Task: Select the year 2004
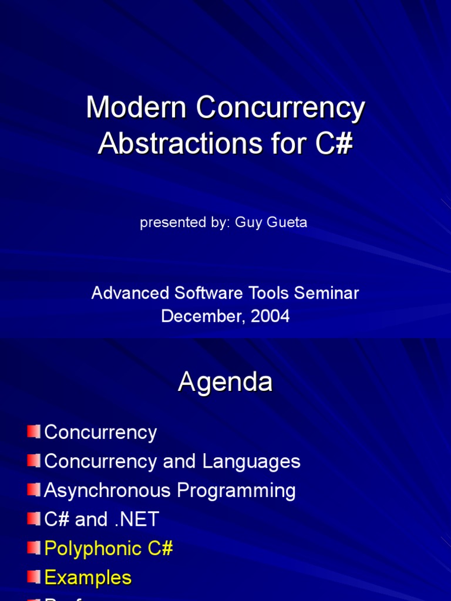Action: click(270, 316)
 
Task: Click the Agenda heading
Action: click(225, 382)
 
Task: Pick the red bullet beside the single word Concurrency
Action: click(33, 432)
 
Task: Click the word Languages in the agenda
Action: click(251, 461)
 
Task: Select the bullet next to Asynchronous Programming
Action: click(33, 489)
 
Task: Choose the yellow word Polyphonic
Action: click(93, 549)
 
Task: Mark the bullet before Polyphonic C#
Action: click(33, 548)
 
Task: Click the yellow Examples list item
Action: click(87, 578)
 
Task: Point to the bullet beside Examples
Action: click(33, 577)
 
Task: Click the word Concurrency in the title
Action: click(281, 109)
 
